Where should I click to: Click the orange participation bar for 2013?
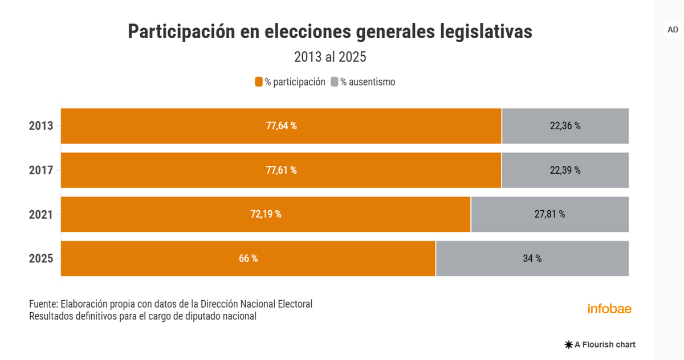pyautogui.click(x=171, y=126)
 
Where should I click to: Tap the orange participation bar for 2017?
pyautogui.click(x=171, y=170)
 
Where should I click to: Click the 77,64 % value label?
pyautogui.click(x=281, y=126)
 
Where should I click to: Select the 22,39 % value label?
pyautogui.click(x=565, y=170)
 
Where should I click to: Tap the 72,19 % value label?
pyautogui.click(x=266, y=214)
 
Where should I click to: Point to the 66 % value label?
pyautogui.click(x=248, y=259)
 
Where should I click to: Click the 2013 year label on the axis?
pyautogui.click(x=41, y=126)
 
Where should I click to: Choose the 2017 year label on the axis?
pyautogui.click(x=41, y=170)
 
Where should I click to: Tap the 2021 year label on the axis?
pyautogui.click(x=41, y=215)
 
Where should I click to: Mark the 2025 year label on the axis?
pyautogui.click(x=41, y=259)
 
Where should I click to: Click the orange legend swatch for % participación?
pyautogui.click(x=259, y=82)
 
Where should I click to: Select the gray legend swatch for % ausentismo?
pyautogui.click(x=335, y=82)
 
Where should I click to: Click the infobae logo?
pyautogui.click(x=609, y=309)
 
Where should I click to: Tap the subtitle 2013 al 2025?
pyautogui.click(x=330, y=57)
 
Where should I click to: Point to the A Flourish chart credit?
pyautogui.click(x=600, y=345)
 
